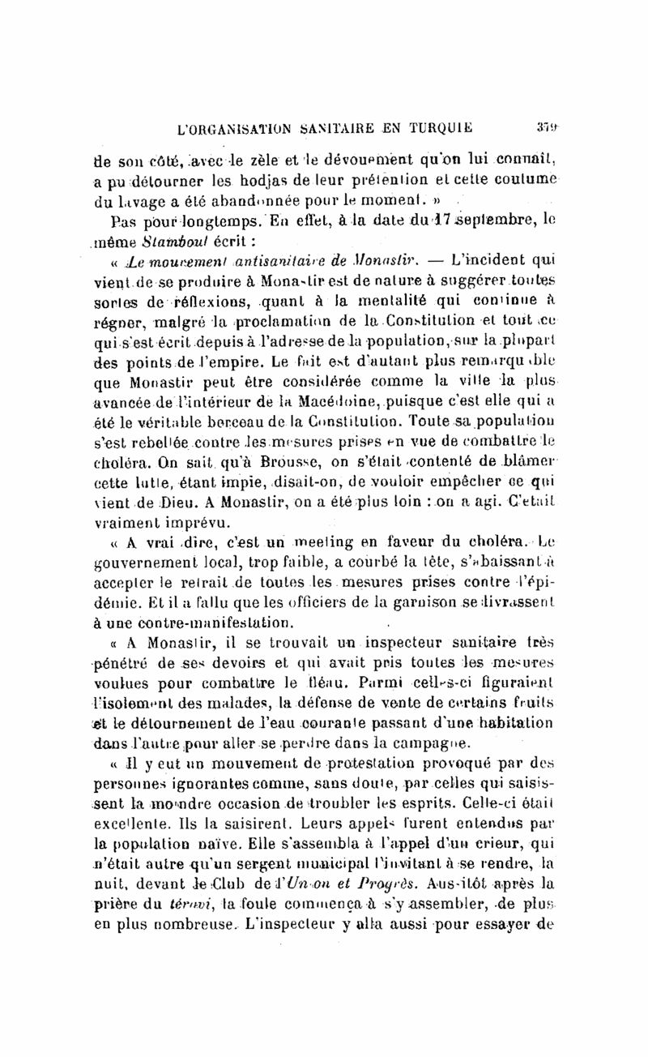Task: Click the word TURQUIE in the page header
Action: coord(435,126)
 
